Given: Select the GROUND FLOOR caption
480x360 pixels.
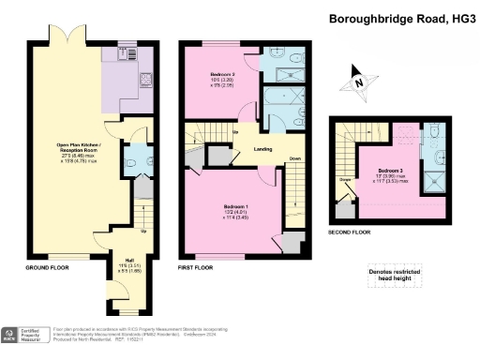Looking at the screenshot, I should click(x=43, y=268).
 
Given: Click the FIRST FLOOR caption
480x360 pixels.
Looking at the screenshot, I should click(x=196, y=268).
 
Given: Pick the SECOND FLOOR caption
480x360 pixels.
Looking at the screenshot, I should click(x=350, y=231).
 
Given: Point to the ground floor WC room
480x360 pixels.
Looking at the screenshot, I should click(x=134, y=159).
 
